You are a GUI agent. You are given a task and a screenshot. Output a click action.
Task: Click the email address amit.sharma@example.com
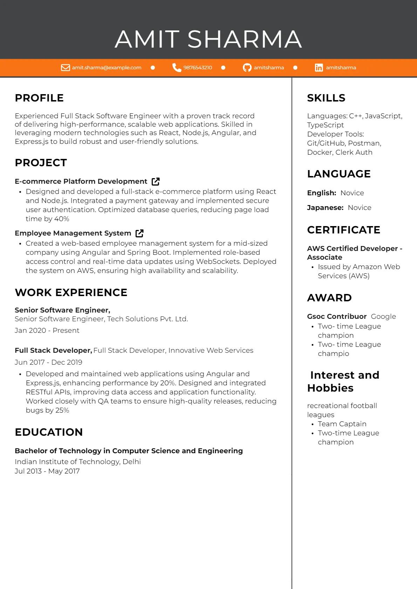pyautogui.click(x=107, y=68)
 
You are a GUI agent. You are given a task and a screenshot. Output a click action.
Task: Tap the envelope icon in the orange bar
pyautogui.click(x=66, y=68)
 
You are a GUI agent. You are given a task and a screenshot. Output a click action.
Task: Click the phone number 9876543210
pyautogui.click(x=198, y=68)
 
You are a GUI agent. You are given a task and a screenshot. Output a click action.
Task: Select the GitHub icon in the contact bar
pyautogui.click(x=247, y=68)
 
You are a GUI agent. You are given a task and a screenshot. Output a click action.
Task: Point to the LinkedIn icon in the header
pyautogui.click(x=319, y=68)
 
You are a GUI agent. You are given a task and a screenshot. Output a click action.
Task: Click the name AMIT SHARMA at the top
pyautogui.click(x=208, y=39)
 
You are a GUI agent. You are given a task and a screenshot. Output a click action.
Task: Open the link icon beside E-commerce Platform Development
pyautogui.click(x=156, y=181)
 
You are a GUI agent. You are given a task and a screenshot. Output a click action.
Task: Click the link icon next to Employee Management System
pyautogui.click(x=139, y=233)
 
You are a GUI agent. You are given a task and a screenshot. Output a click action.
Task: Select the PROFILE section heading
pyautogui.click(x=39, y=98)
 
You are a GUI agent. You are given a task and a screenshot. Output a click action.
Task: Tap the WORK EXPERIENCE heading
pyautogui.click(x=71, y=293)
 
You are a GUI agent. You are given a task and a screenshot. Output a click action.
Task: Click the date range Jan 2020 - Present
pyautogui.click(x=47, y=330)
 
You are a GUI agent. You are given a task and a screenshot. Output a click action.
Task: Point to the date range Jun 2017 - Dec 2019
pyautogui.click(x=48, y=362)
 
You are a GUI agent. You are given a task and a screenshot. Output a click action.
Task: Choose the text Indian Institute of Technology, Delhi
pyautogui.click(x=78, y=462)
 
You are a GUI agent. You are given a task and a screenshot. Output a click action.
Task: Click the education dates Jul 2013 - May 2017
pyautogui.click(x=47, y=471)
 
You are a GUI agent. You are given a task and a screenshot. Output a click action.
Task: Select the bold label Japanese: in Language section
pyautogui.click(x=325, y=208)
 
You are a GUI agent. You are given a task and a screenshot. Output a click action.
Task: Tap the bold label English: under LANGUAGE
pyautogui.click(x=321, y=193)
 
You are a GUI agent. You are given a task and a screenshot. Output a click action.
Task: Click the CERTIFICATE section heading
pyautogui.click(x=343, y=230)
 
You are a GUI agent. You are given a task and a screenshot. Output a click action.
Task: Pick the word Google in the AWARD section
pyautogui.click(x=383, y=316)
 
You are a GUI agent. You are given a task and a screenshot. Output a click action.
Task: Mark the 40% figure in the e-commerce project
pyautogui.click(x=62, y=219)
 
